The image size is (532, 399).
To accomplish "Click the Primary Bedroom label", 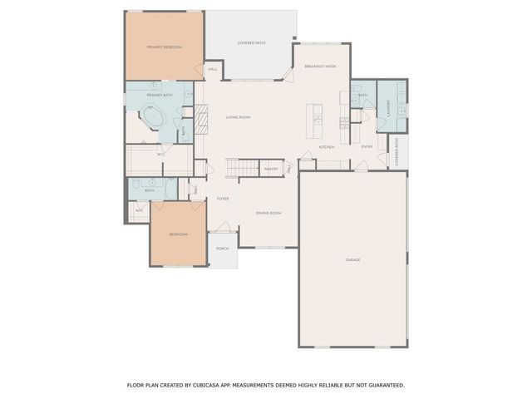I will coord(165,47).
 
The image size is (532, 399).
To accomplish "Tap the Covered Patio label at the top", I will coord(251,42).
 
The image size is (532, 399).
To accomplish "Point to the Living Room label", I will coord(238,117).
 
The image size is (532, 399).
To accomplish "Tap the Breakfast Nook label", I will coord(320,66).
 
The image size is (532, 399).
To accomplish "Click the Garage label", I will coord(353,260).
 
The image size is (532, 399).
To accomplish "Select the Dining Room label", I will coord(268,214).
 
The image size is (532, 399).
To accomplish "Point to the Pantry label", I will coord(270,169).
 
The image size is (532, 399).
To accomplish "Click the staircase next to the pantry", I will coord(242,169).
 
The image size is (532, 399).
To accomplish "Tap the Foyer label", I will coord(223,199).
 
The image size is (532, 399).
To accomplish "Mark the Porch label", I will coord(223,249).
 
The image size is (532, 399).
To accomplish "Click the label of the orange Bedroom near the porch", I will coord(178,234).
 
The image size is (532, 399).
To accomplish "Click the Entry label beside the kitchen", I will coord(367,147).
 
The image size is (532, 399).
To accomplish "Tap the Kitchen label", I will coord(327,147).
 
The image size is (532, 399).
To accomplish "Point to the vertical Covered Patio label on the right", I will coord(397,150).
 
